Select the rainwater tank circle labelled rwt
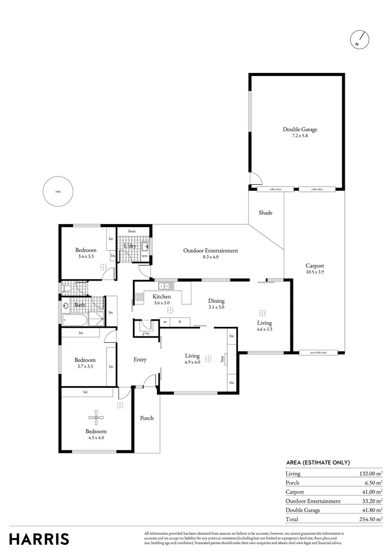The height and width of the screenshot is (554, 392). [58, 192]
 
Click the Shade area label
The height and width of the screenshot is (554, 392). [265, 213]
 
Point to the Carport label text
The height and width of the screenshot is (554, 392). [315, 266]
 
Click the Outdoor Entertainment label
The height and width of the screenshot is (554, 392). [210, 251]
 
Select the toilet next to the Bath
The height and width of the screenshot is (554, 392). [67, 289]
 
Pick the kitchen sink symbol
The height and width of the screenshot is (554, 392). [165, 286]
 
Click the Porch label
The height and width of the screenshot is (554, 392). [147, 418]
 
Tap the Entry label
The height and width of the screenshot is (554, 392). [140, 360]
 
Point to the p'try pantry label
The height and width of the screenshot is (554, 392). [146, 334]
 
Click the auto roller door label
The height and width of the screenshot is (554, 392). [321, 353]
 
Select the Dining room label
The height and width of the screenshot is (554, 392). [216, 301]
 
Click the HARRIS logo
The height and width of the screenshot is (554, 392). [39, 539]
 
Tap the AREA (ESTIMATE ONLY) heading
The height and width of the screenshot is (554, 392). [318, 462]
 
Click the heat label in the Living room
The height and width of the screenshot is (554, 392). [222, 359]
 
